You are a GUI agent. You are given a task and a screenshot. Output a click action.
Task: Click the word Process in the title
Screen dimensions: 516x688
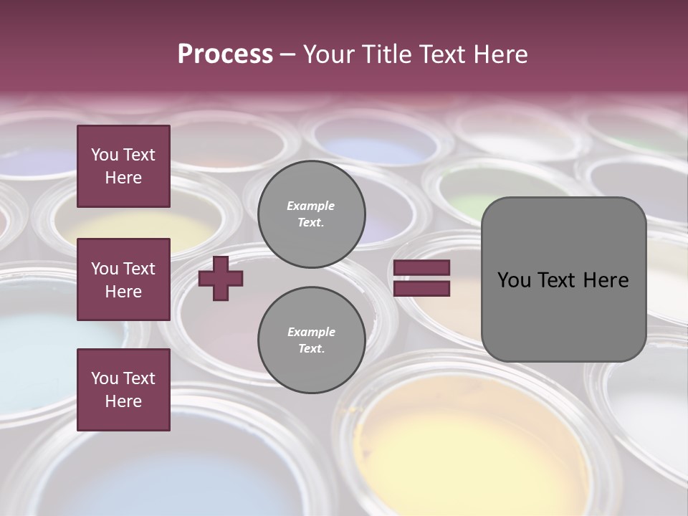(225, 54)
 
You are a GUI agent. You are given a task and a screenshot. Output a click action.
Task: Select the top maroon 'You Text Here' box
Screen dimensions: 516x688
(123, 166)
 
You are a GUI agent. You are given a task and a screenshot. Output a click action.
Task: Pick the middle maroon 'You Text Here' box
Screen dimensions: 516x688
(123, 279)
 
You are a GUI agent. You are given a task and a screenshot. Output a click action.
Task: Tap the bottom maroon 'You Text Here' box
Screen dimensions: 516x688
(123, 389)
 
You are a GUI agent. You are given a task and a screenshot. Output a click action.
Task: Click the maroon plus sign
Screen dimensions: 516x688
(221, 279)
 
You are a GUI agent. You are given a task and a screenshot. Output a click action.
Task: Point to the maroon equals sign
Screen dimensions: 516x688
(422, 278)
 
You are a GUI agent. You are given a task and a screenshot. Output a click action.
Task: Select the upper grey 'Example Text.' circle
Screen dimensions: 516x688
(311, 214)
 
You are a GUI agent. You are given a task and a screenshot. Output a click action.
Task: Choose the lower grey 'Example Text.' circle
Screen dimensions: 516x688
(311, 340)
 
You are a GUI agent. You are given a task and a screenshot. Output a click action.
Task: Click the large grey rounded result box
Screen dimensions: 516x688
(563, 279)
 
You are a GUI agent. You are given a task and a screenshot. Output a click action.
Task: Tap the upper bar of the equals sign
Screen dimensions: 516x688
(422, 268)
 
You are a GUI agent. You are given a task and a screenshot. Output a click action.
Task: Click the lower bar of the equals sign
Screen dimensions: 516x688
(422, 288)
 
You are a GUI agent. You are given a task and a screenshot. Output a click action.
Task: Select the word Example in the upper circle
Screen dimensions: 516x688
(311, 206)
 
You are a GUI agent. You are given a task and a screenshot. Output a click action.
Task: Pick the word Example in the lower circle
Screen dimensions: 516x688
(311, 332)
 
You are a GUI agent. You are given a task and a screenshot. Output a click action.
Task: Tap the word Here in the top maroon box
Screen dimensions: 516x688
(123, 178)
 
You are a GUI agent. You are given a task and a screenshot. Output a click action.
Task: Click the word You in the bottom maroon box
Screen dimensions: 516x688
(105, 378)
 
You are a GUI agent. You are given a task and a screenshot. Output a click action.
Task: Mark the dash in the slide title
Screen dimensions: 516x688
(288, 54)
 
